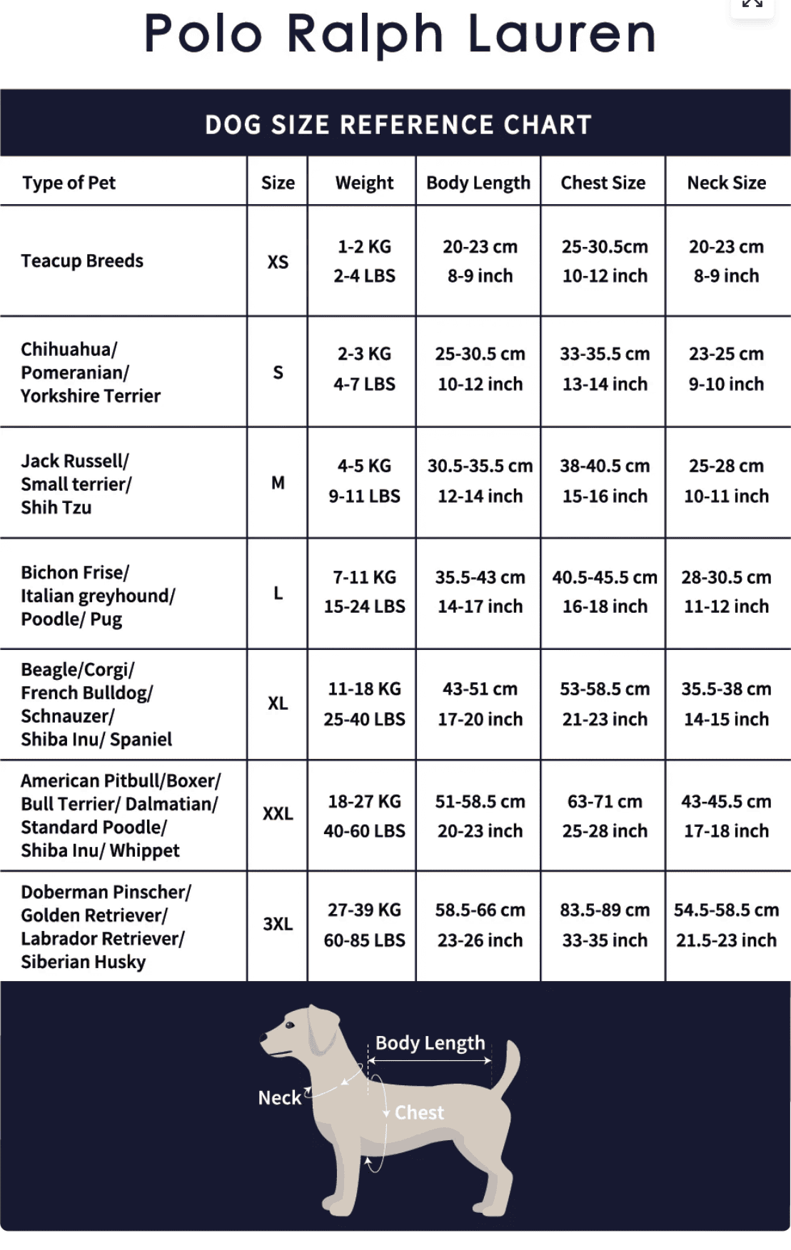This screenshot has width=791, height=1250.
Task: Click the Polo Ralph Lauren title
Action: [x=399, y=34]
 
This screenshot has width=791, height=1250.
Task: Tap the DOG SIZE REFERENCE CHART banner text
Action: [x=398, y=125]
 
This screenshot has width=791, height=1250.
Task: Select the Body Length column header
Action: [x=478, y=183]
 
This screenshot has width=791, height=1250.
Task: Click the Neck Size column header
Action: [x=726, y=183]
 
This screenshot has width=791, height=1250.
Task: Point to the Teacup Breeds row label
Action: [x=82, y=261]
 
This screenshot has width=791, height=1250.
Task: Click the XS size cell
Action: [x=278, y=262]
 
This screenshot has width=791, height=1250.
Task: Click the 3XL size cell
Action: [x=278, y=924]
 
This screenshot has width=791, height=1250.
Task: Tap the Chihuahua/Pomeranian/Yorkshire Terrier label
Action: [x=91, y=372]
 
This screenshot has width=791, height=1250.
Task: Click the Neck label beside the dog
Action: [x=279, y=1097]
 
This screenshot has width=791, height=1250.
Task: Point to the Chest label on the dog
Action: [x=419, y=1112]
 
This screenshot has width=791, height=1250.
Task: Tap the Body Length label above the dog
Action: [x=430, y=1043]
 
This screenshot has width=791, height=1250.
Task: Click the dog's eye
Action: [x=290, y=1025]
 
